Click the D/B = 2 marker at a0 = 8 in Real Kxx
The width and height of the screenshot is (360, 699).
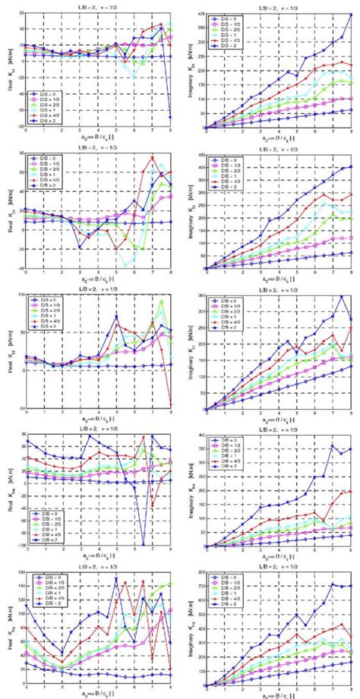click(x=171, y=117)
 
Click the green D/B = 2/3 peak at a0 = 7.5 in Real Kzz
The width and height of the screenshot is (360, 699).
click(x=162, y=301)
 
